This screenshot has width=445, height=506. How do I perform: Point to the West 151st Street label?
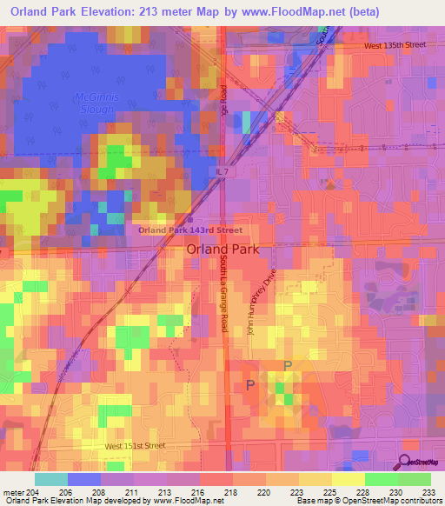[135, 446]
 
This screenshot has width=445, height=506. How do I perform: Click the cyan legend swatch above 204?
[51, 479]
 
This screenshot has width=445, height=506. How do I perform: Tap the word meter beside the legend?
[13, 491]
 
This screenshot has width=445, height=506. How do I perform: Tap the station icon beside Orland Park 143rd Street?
[189, 219]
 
